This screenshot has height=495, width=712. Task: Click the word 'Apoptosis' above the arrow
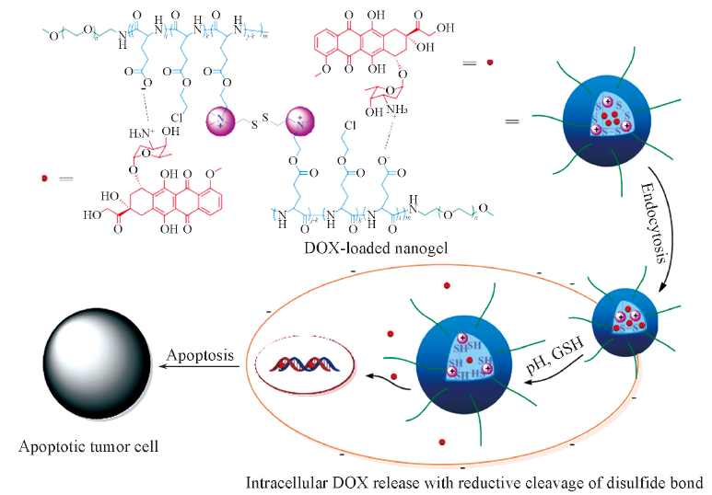pos(196,354)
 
